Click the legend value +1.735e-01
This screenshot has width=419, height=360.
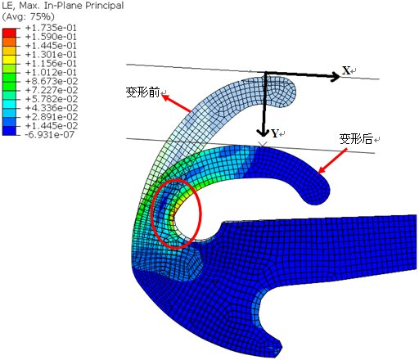[x=51, y=28]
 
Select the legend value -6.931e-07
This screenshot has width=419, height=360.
[x=49, y=134]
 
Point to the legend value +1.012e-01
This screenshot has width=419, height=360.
[x=51, y=72]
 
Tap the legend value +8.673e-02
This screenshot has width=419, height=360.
[x=52, y=81]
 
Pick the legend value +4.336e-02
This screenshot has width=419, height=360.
[x=52, y=108]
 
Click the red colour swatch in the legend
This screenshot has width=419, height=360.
[x=9, y=33]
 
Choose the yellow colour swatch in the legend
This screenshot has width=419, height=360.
[x=9, y=60]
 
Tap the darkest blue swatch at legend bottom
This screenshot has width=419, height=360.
[x=9, y=131]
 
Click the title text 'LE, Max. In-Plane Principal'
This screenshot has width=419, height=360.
[x=63, y=6]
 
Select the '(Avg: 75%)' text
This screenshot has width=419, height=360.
[x=28, y=16]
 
